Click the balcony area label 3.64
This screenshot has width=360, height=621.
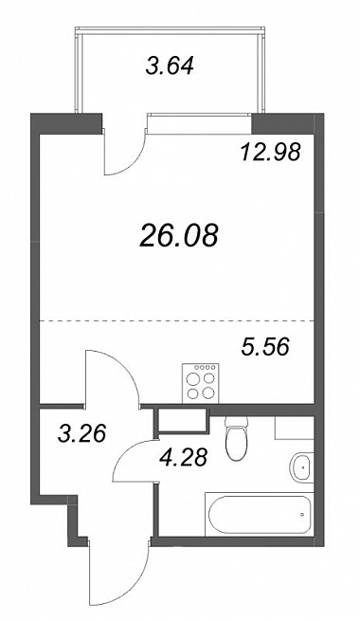click(170, 65)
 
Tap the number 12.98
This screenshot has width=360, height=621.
click(271, 152)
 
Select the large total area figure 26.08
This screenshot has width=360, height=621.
click(179, 235)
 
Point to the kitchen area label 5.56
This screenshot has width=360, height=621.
click(265, 348)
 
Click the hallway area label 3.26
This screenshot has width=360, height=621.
click(81, 433)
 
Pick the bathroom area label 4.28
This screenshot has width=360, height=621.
click(183, 458)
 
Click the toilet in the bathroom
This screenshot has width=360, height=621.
click(236, 438)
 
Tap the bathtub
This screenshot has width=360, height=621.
click(260, 513)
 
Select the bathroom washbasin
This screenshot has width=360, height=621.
click(302, 467)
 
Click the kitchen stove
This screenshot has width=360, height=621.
click(200, 383)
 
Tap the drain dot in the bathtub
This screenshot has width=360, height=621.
click(302, 514)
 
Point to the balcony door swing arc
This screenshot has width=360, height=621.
click(132, 162)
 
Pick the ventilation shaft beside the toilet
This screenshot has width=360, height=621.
click(182, 420)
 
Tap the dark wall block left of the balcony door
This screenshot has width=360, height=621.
click(66, 123)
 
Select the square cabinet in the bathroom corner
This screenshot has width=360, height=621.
click(295, 428)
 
